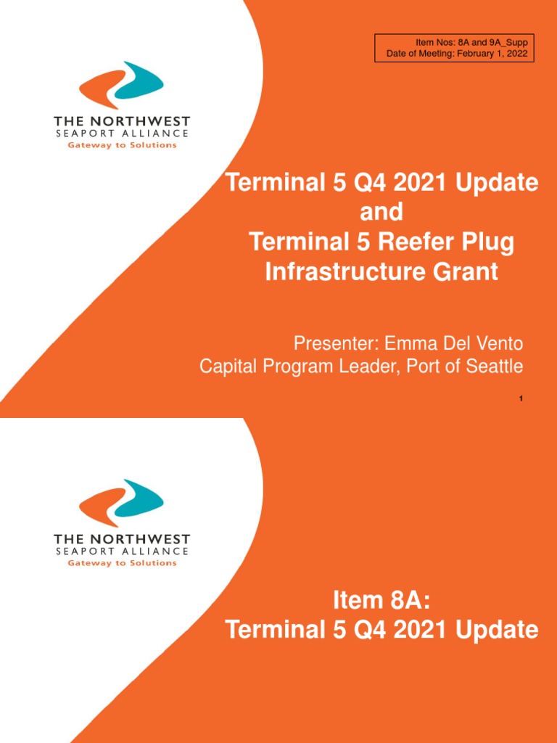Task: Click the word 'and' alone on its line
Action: click(x=381, y=213)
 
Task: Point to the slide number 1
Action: click(x=521, y=398)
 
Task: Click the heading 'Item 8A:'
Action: click(x=381, y=601)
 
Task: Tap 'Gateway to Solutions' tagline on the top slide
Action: click(x=122, y=145)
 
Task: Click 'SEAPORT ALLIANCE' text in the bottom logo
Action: click(x=122, y=551)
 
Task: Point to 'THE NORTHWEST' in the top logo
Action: click(x=122, y=121)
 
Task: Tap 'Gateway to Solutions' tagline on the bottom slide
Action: click(x=122, y=564)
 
